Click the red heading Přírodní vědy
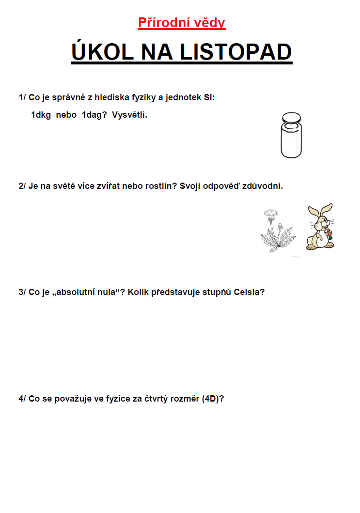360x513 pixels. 182,23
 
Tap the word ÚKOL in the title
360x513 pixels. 102,52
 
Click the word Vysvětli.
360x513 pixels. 129,115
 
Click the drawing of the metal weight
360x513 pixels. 291,136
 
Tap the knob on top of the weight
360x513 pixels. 291,118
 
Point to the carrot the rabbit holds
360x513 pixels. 330,235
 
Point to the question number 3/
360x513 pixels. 22,293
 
